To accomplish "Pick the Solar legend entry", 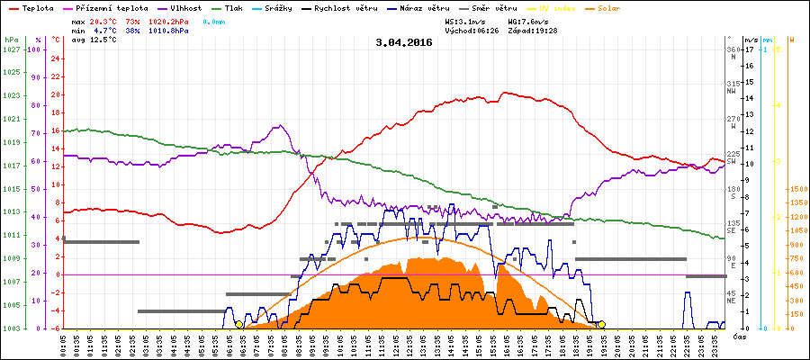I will click(607, 7).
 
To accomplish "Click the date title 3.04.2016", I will click(404, 42).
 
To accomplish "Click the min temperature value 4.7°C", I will click(109, 31).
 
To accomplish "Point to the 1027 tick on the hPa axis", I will click(11, 49).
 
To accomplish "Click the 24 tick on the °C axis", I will click(56, 58).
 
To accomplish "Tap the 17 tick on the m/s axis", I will click(750, 49).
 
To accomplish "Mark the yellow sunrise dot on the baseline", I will click(238, 324).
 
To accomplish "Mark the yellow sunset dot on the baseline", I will click(601, 324).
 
